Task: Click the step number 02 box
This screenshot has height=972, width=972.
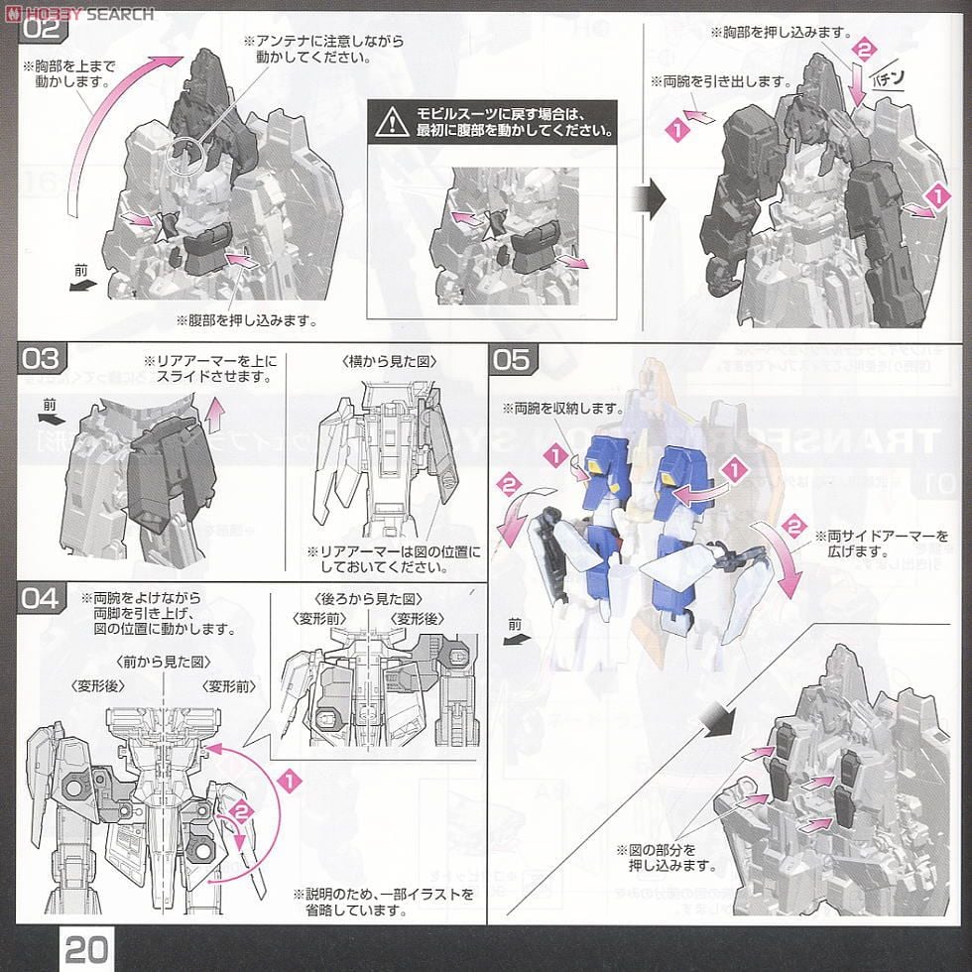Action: coord(45,27)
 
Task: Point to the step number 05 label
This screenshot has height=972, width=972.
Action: coord(513,358)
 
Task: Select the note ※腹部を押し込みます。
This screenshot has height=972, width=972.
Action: coord(245,320)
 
